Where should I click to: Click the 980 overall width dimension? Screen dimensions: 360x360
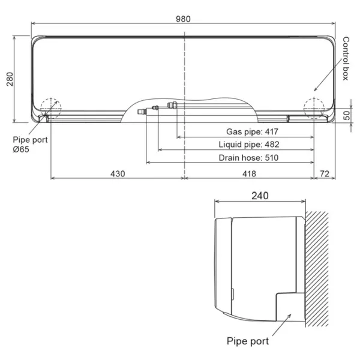click(183, 19)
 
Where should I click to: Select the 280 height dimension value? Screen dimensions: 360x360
click(10, 79)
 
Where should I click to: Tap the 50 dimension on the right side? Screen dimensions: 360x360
click(346, 115)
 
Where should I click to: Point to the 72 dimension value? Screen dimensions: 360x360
click(325, 173)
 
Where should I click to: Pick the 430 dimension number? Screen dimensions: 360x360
click(118, 173)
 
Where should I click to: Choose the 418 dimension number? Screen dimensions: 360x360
click(249, 173)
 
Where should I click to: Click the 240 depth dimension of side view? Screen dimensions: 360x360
click(260, 196)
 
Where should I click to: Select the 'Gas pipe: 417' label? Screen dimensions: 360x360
click(252, 131)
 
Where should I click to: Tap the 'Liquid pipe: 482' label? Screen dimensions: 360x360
click(249, 145)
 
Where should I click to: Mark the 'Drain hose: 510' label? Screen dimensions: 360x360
click(248, 158)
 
